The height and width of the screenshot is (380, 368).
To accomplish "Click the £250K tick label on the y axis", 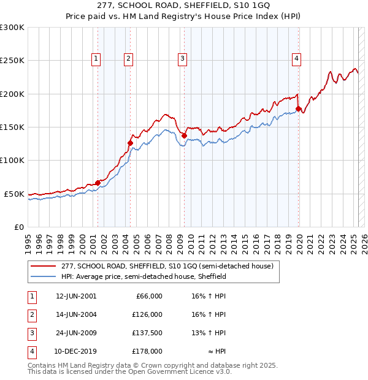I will click(12, 61).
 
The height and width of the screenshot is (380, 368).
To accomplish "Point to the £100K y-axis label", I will click(12, 160).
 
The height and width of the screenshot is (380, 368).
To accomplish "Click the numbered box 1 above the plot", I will click(97, 59).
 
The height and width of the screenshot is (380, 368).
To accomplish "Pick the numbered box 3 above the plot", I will click(183, 59).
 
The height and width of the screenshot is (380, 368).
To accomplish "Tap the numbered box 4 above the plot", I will click(296, 59).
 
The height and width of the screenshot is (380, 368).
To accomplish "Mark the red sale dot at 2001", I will click(98, 183).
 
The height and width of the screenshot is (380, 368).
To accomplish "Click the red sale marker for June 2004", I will click(130, 143).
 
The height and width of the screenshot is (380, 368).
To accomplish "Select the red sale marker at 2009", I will click(184, 135).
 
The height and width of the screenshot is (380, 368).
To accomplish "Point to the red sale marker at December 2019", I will click(299, 108).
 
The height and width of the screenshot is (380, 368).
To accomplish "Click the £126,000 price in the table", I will click(147, 314).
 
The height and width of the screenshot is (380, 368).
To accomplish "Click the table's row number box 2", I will click(31, 314).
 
